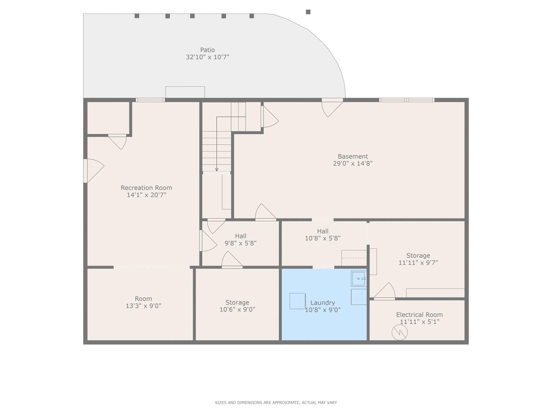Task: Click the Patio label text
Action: [x=207, y=50]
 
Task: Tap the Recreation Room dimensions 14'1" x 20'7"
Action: [x=146, y=195]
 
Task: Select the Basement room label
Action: [x=353, y=156]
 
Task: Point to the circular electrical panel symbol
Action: [x=400, y=332]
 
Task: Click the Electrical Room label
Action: [x=419, y=315]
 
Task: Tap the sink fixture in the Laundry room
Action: [x=358, y=279]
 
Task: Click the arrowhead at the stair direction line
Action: [x=217, y=169]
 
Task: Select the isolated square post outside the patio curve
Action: [x=308, y=12]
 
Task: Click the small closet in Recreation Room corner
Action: [x=108, y=118]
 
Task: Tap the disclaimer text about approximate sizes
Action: [x=276, y=403]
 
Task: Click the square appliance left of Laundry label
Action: [x=297, y=301]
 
